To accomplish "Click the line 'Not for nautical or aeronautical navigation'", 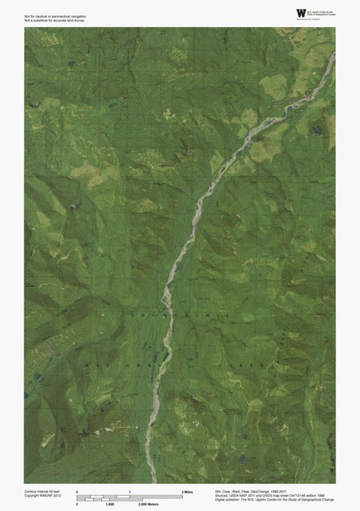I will (x=54, y=12).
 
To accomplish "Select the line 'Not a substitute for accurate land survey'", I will (x=53, y=17).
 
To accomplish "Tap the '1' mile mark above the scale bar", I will (x=130, y=491).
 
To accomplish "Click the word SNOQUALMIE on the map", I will (x=180, y=317).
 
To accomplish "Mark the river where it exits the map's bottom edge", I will (x=154, y=481).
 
